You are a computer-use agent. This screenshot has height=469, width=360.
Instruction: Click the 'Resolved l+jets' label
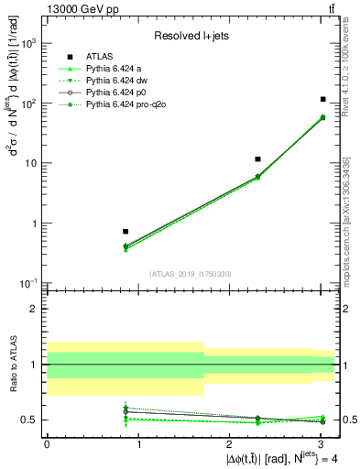coord(191,37)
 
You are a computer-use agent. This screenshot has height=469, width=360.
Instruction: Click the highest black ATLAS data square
coord(323,99)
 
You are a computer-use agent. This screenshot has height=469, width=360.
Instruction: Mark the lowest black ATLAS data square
coord(125,232)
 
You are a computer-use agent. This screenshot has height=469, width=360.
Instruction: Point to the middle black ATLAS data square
coord(258,159)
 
